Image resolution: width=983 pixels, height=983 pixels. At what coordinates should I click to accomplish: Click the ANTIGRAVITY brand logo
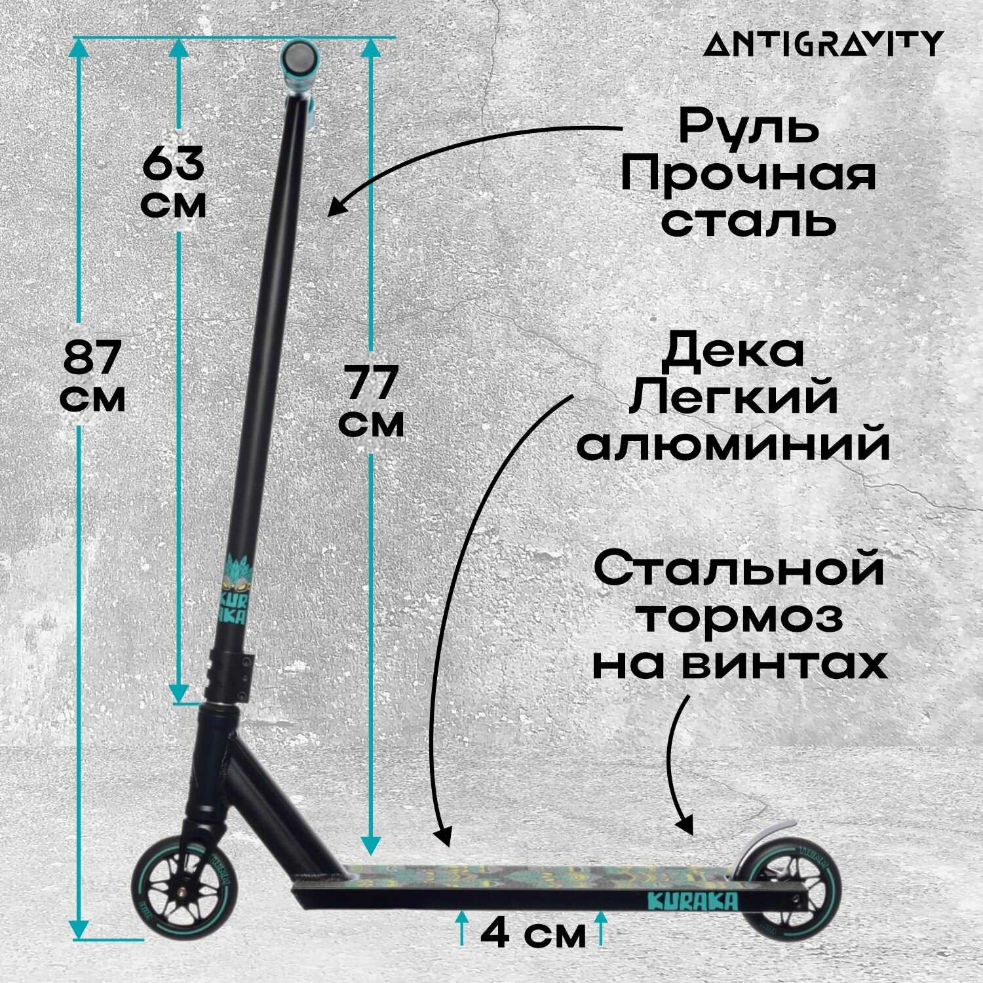[824, 44]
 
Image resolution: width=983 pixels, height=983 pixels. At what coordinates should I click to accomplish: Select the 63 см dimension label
[174, 182]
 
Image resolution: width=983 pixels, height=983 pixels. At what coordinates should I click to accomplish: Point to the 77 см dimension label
[372, 401]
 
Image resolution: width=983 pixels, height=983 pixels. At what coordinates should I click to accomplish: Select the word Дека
[733, 352]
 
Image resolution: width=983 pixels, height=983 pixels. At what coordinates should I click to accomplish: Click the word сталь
[748, 221]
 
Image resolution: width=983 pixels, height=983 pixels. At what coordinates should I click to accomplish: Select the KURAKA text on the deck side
[691, 901]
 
